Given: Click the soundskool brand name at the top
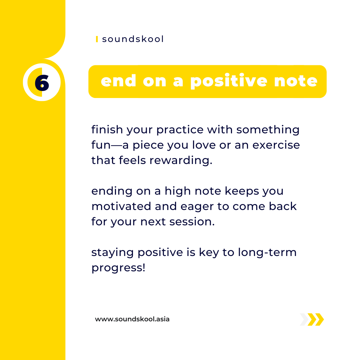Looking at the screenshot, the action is tap(133, 39).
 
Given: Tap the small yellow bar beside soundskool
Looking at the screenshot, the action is tap(97, 39).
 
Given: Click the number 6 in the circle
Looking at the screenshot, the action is tap(42, 83).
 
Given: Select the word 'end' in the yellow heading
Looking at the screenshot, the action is tap(118, 81).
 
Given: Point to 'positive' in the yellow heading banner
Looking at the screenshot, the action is tap(229, 81).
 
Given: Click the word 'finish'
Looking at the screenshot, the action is tap(107, 129).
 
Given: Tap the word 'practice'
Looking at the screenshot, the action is tap(180, 130).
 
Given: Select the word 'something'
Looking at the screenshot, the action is tap(268, 130).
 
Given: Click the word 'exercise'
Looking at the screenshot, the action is tap(276, 145).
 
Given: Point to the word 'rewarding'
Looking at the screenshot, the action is tap(181, 160).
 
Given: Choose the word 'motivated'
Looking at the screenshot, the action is tap(121, 206).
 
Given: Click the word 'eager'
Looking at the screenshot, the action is tap(197, 207).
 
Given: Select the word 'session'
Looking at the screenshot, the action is tap(192, 222).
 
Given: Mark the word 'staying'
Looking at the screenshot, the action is tap(113, 253).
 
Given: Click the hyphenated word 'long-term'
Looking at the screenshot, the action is tap(267, 253).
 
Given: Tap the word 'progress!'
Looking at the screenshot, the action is tap(118, 268).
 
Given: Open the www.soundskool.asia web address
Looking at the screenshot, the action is tap(132, 319).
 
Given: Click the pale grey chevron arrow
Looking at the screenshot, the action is tap(304, 319).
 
